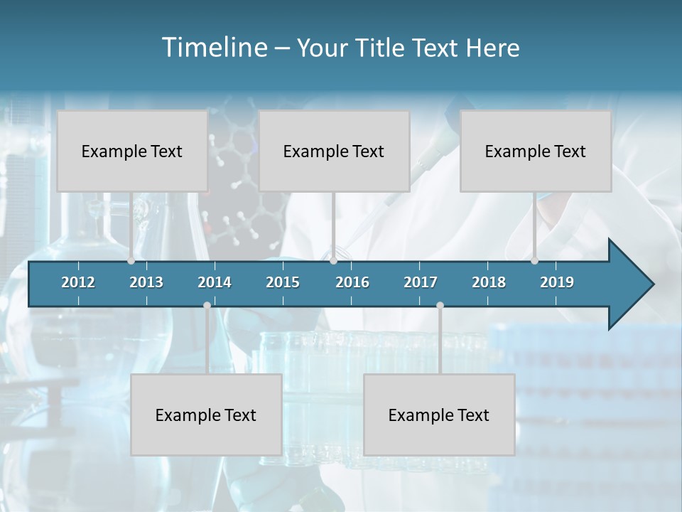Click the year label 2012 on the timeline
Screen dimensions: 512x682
point(78,282)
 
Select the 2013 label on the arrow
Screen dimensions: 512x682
point(146,282)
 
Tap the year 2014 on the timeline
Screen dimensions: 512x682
point(215,282)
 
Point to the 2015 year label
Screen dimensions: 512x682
point(283,282)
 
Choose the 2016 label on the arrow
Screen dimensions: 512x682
point(352,282)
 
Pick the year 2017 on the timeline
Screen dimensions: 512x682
point(421,282)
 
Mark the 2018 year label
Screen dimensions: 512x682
point(489,282)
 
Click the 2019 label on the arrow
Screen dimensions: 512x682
point(557,282)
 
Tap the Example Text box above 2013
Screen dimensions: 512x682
point(132,151)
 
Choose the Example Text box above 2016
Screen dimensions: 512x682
point(334,151)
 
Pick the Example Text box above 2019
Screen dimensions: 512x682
point(536,151)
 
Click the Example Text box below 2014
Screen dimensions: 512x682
point(206,415)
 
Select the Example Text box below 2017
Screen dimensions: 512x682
point(439,415)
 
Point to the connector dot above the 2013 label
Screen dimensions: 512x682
point(131,261)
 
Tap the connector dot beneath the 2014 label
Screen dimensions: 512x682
point(207,306)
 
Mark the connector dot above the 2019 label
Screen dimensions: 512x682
point(535,261)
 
